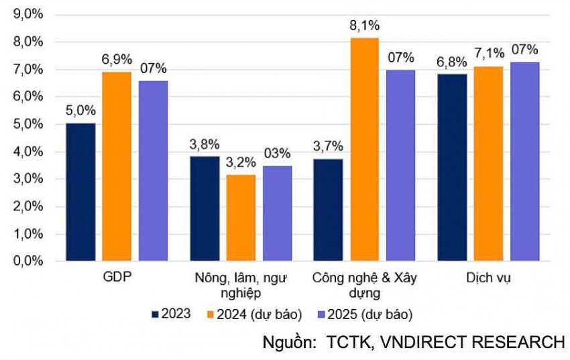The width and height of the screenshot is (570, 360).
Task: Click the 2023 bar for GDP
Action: [80, 192]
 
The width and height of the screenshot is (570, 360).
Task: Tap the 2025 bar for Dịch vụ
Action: [524, 161]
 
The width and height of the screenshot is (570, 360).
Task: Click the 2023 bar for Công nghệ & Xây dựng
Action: [328, 209]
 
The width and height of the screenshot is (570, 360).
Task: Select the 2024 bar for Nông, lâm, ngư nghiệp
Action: [241, 217]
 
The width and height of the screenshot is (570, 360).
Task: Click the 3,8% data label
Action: [205, 144]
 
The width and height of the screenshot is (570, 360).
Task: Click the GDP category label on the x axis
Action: [117, 277]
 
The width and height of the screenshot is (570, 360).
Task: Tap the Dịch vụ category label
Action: [488, 277]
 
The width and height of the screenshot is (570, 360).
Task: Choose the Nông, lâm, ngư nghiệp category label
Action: [241, 284]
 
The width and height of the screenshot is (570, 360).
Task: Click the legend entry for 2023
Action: [172, 314]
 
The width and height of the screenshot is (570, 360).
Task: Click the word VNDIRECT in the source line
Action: [418, 342]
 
